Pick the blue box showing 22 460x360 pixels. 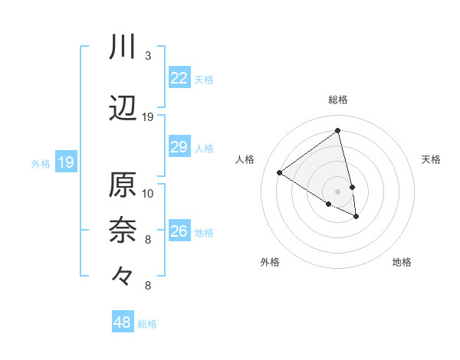179,78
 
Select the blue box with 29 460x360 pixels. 179,147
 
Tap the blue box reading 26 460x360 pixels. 179,231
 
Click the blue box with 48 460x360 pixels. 123,322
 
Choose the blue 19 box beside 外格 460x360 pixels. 66,162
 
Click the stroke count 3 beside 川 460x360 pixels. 147,56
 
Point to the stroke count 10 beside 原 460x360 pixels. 148,193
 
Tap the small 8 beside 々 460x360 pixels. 147,286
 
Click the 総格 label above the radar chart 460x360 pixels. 338,100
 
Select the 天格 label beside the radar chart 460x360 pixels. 431,159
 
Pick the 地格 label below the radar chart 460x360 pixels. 402,262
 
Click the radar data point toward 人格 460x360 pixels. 280,173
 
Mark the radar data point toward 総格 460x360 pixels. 338,131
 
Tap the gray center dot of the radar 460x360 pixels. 338,191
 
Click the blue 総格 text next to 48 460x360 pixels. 147,324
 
